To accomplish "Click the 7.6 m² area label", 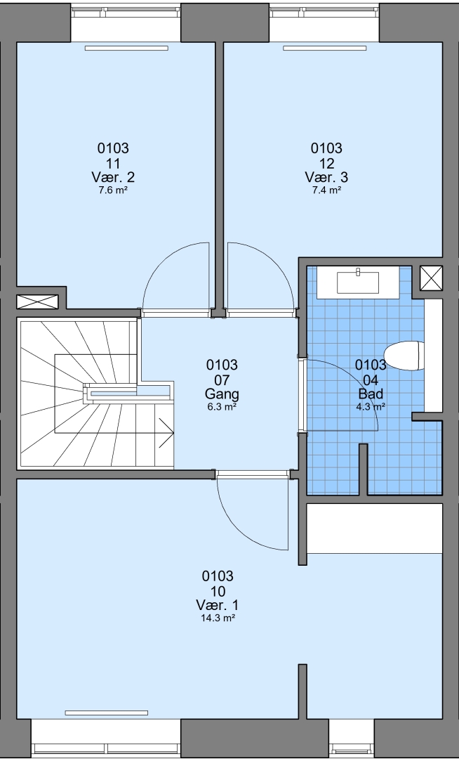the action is (x=113, y=190).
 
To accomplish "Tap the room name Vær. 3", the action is (x=326, y=177).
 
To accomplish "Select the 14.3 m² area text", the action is (x=218, y=618).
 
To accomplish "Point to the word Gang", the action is (x=222, y=394).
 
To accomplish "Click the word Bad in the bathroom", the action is (x=371, y=394).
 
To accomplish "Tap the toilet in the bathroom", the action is (x=404, y=356).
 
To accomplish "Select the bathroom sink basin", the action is (x=358, y=283).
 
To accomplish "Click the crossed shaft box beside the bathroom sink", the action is (x=431, y=278).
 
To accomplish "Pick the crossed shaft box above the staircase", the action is (x=37, y=301).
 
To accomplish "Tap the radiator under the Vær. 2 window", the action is (x=126, y=48).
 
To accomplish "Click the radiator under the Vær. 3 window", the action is (x=325, y=48).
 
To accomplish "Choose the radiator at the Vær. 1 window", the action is (x=106, y=713).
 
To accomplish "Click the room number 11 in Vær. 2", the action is (x=113, y=163).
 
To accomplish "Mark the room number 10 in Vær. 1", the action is (x=218, y=591).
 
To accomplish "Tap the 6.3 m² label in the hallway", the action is (x=222, y=407).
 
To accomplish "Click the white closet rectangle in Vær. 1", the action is (x=375, y=528).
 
